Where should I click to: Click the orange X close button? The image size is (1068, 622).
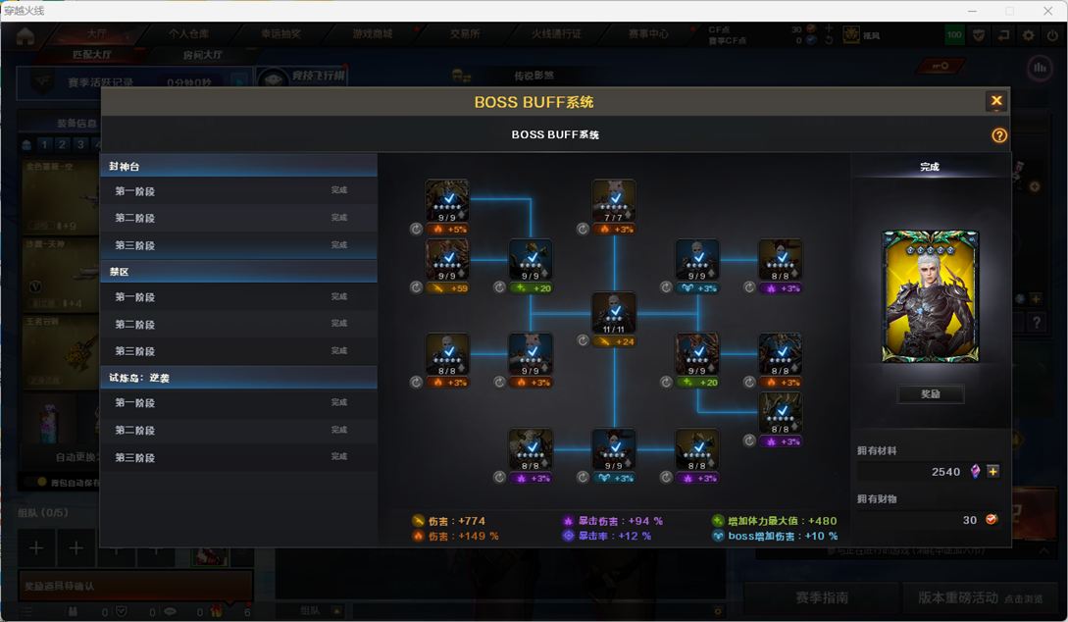pyautogui.click(x=996, y=101)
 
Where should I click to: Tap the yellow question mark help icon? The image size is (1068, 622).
pyautogui.click(x=999, y=135)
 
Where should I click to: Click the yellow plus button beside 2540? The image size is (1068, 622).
pyautogui.click(x=993, y=472)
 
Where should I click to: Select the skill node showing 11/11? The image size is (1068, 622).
pyautogui.click(x=614, y=313)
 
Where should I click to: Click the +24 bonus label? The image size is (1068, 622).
pyautogui.click(x=621, y=341)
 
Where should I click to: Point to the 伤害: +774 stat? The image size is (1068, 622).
pyautogui.click(x=450, y=521)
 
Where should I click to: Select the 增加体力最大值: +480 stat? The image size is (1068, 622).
pyautogui.click(x=775, y=521)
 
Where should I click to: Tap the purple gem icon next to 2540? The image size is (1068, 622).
pyautogui.click(x=976, y=472)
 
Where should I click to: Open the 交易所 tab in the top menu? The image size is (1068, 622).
pyautogui.click(x=465, y=33)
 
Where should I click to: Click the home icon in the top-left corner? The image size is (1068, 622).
pyautogui.click(x=25, y=36)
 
